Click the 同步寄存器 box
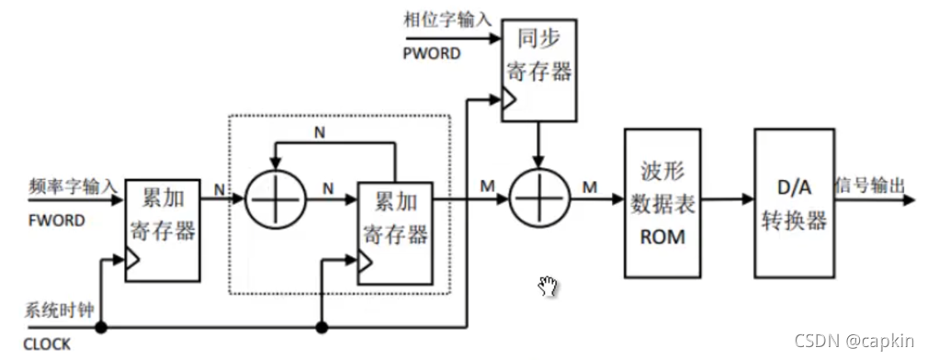pos(538,70)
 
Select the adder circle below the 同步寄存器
pos(539,197)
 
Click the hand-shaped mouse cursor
pos(548,286)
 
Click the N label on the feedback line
pos(320,132)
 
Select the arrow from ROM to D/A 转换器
pos(731,197)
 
